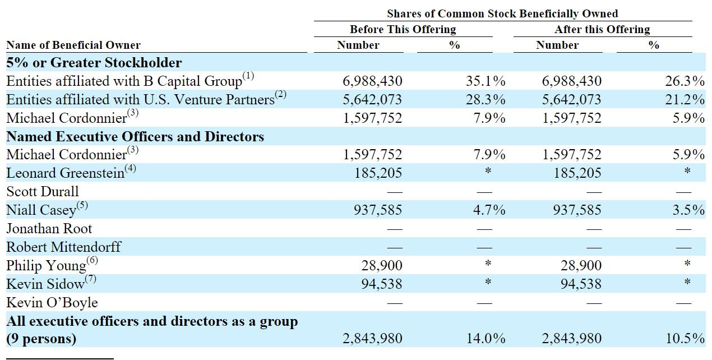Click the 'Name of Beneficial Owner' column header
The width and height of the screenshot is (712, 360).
pyautogui.click(x=73, y=45)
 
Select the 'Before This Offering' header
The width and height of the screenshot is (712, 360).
pyautogui.click(x=403, y=29)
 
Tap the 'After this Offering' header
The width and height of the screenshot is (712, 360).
pyautogui.click(x=602, y=29)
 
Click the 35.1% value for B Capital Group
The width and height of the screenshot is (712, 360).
pyautogui.click(x=486, y=81)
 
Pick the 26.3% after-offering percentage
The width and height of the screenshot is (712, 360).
pyautogui.click(x=685, y=81)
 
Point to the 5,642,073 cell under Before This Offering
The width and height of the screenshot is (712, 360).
pyautogui.click(x=372, y=100)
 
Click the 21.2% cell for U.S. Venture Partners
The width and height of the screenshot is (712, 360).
pyautogui.click(x=685, y=100)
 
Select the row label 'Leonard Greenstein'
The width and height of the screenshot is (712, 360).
pyautogui.click(x=66, y=173)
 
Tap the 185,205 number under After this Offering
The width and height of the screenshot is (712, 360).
pyautogui.click(x=577, y=173)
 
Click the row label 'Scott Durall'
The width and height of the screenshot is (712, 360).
pyautogui.click(x=42, y=191)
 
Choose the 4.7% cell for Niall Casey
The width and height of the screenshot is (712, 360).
pyautogui.click(x=489, y=210)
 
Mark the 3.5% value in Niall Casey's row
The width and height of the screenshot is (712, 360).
pyautogui.click(x=688, y=210)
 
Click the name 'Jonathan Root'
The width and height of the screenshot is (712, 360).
pyautogui.click(x=49, y=229)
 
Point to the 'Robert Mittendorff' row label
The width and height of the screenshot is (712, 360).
pyautogui.click(x=63, y=247)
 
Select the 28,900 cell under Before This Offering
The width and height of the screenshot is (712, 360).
pyautogui.click(x=382, y=265)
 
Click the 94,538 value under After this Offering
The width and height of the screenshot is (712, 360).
pyautogui.click(x=581, y=284)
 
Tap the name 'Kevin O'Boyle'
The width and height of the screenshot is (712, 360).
pyautogui.click(x=52, y=302)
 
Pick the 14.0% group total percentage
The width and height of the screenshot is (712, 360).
pyautogui.click(x=486, y=338)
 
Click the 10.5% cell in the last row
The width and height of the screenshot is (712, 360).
pyautogui.click(x=685, y=338)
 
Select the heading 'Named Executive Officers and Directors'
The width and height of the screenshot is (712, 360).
pyautogui.click(x=135, y=136)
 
